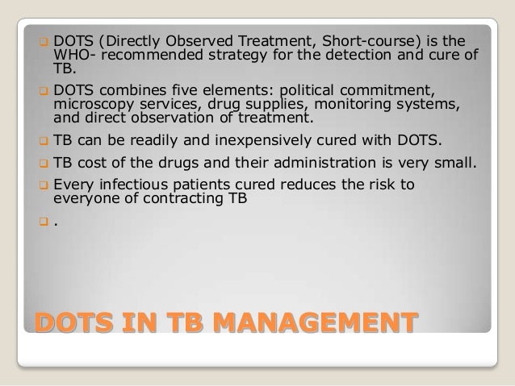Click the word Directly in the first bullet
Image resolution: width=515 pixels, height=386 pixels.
pyautogui.click(x=140, y=42)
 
